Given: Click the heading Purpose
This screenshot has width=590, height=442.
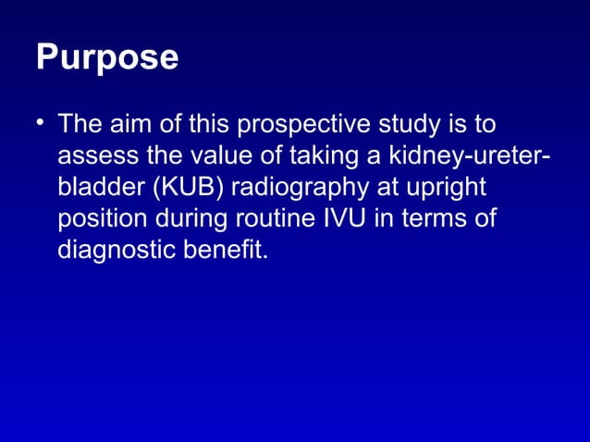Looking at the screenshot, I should tap(107, 58).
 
